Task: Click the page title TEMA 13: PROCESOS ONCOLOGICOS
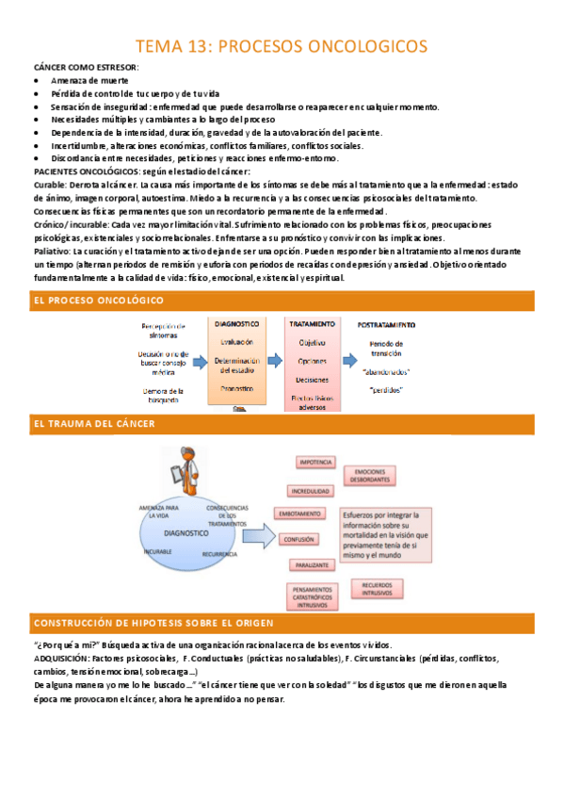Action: (x=282, y=46)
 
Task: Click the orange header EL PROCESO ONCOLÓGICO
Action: (x=98, y=300)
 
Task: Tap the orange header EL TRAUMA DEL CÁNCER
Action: (x=94, y=424)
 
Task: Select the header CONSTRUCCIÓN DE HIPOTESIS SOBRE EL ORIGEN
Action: (x=153, y=623)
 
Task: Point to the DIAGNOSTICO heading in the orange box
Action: (x=236, y=324)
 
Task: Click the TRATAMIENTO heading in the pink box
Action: (x=312, y=324)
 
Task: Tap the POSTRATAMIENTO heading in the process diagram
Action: (x=386, y=324)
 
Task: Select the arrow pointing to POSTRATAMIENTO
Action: (x=349, y=361)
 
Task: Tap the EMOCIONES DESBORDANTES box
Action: (x=369, y=475)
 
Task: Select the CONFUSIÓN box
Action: (x=303, y=540)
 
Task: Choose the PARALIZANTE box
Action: (x=312, y=565)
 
